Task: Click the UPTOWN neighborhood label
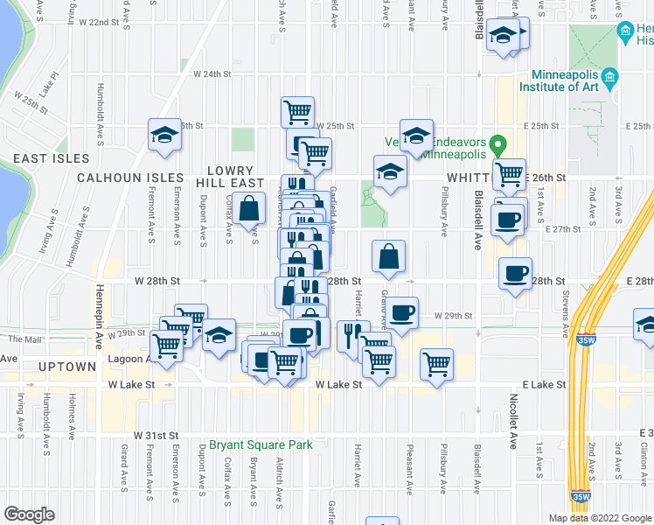tap(65, 366)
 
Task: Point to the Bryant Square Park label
tap(261, 445)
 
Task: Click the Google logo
tap(30, 514)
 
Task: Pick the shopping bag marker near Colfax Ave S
tap(249, 208)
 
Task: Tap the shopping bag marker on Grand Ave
tap(388, 255)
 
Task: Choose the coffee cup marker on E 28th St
tap(515, 273)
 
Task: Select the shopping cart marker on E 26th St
tap(508, 173)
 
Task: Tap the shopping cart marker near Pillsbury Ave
tap(436, 362)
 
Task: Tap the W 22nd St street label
tap(98, 22)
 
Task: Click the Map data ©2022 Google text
tap(600, 518)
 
